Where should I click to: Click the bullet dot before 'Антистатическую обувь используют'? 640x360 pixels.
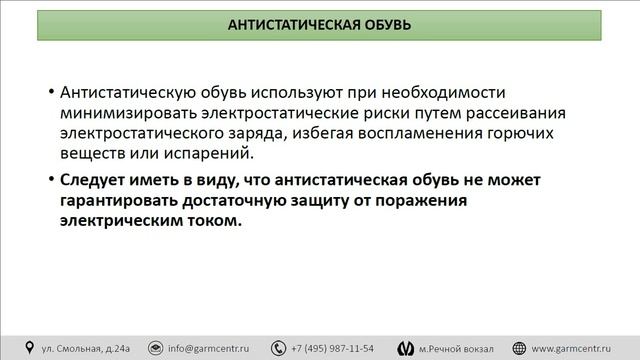[51, 92]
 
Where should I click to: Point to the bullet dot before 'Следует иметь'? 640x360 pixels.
[51, 179]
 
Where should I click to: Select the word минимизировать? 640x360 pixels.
[118, 112]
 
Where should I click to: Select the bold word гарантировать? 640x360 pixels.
[121, 200]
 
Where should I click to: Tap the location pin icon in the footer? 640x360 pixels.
[29, 348]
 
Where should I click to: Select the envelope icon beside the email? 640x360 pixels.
[155, 348]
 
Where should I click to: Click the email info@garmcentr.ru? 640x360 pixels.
[208, 348]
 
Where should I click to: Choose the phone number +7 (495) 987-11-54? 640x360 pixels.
[332, 348]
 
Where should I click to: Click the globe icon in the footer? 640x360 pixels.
[518, 348]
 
